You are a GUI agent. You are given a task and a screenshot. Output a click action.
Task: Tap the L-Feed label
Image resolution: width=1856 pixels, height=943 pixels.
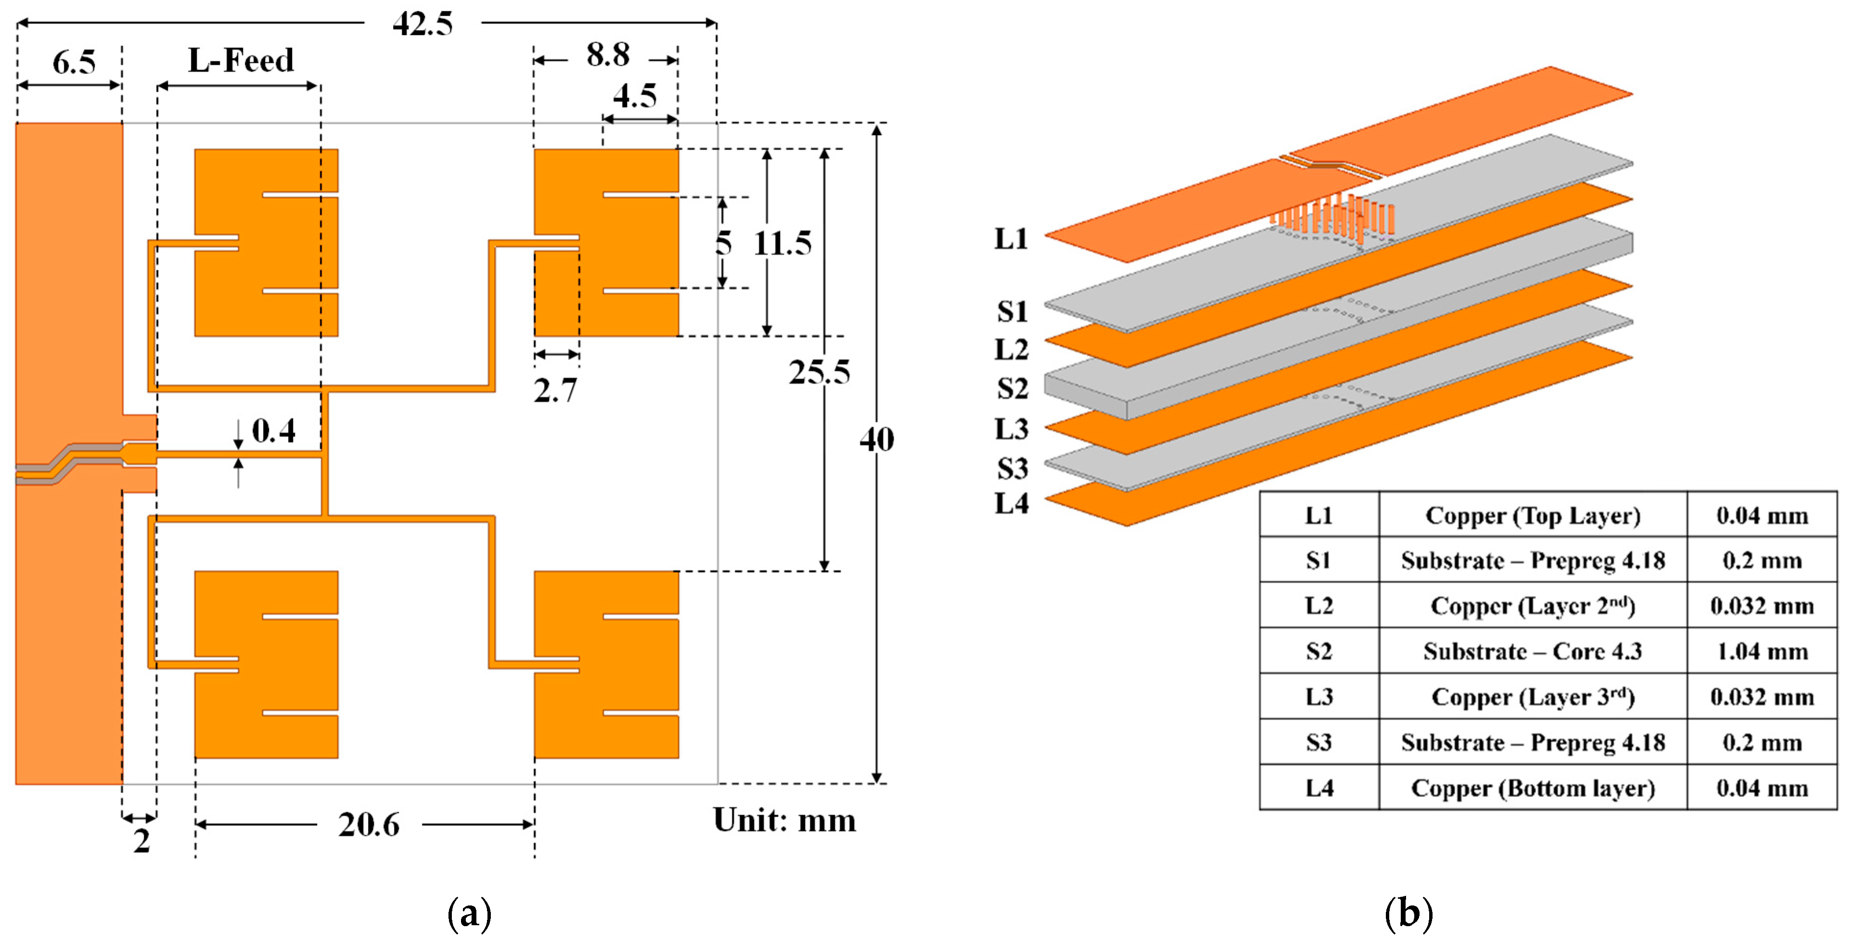click(x=241, y=61)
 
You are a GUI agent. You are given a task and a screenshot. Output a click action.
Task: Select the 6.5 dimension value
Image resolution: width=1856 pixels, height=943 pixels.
click(x=74, y=63)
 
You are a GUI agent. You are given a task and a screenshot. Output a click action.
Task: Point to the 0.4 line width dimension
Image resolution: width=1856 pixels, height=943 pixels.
click(x=273, y=431)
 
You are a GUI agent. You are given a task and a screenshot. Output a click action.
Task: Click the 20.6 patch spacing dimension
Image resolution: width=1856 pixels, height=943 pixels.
click(x=369, y=825)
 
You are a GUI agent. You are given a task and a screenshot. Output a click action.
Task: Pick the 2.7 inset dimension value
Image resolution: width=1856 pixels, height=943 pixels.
click(x=555, y=391)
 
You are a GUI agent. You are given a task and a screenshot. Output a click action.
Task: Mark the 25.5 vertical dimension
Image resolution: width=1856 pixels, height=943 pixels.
click(x=819, y=372)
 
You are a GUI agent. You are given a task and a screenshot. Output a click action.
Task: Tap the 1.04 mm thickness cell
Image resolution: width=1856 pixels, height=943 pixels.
click(x=1762, y=651)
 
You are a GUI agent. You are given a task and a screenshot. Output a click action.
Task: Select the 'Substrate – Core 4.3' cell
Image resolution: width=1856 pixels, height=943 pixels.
click(x=1533, y=651)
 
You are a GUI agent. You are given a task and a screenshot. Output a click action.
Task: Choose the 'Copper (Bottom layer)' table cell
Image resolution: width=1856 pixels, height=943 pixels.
click(x=1533, y=788)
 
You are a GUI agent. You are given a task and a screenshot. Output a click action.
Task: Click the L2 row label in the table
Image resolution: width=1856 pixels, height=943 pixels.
click(x=1318, y=606)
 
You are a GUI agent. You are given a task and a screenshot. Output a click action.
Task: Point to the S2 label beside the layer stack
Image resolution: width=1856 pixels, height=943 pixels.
click(x=1012, y=389)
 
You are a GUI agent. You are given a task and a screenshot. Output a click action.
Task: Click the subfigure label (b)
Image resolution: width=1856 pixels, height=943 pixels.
click(x=1408, y=914)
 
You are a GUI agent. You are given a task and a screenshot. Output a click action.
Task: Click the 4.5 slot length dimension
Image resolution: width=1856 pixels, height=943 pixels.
click(x=635, y=97)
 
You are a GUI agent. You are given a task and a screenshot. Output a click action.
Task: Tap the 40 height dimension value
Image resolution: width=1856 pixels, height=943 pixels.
click(x=877, y=439)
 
